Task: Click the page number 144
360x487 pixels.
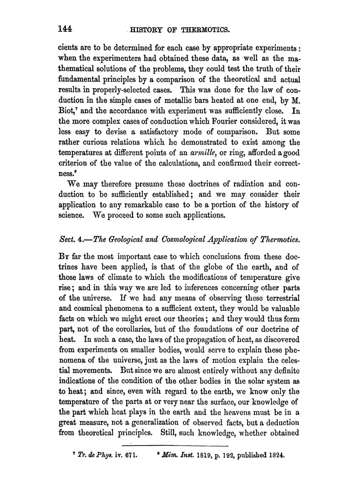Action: [66, 28]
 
